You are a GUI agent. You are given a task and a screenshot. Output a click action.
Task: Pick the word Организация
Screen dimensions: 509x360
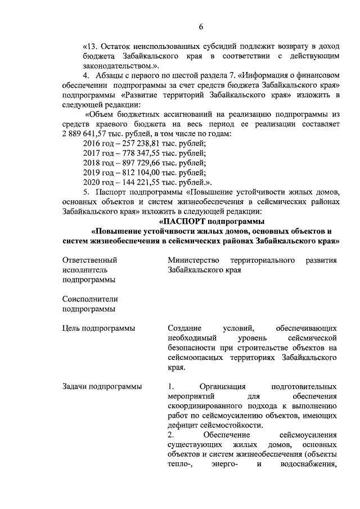[224, 387]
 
